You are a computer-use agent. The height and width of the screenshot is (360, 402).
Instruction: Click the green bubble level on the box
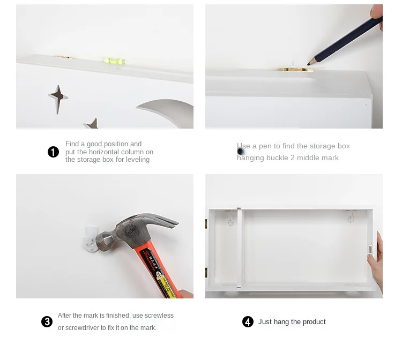(114, 61)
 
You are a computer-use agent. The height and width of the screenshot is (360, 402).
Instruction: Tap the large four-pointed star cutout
(58, 99)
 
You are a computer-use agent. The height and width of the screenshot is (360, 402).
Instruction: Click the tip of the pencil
(308, 64)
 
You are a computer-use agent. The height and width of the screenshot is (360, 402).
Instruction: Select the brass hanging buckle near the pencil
(295, 69)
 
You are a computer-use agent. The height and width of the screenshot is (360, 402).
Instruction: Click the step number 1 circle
(53, 152)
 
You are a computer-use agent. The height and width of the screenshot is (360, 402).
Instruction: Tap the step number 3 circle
(47, 321)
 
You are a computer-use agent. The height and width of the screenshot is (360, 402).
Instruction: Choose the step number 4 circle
(248, 321)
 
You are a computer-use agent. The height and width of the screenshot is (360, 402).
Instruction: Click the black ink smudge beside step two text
(241, 152)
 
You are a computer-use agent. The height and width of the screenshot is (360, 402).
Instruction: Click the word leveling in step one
(138, 159)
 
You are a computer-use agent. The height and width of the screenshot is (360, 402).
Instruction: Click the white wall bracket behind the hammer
(91, 239)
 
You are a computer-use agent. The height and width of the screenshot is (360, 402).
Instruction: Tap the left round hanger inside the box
(230, 221)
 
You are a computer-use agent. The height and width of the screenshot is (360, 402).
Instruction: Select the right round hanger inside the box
(351, 219)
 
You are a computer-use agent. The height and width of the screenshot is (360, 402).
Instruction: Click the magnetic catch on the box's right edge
(370, 249)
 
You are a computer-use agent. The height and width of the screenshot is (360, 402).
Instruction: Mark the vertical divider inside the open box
(239, 247)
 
